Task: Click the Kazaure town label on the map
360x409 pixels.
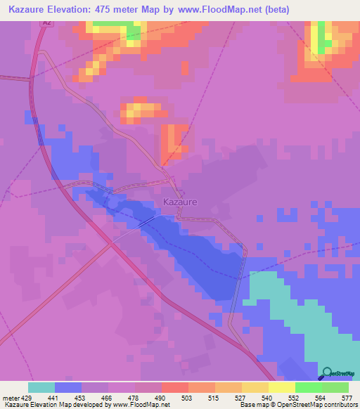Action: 180,202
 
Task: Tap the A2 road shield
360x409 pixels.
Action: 46,23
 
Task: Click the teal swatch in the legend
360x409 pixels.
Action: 41,387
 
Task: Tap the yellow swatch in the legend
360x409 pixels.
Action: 281,387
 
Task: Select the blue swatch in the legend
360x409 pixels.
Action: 67,387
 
